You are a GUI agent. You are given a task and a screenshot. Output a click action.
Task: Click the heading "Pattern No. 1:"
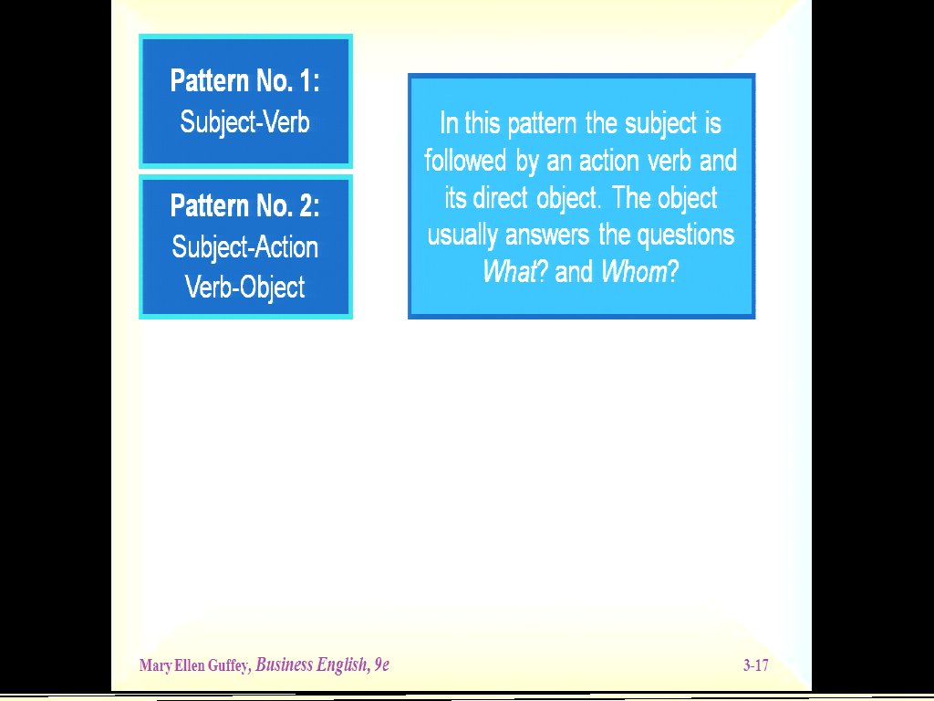click(244, 80)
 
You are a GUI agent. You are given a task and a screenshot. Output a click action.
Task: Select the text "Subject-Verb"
click(244, 123)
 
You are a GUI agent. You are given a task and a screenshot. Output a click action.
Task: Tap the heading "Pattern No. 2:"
click(244, 205)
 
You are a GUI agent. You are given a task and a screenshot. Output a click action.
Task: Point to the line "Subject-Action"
click(244, 247)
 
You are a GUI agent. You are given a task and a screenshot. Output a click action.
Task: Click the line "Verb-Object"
click(244, 288)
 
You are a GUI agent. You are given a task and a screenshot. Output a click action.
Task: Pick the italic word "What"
click(509, 272)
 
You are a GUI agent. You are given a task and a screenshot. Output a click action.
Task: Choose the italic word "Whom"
click(634, 272)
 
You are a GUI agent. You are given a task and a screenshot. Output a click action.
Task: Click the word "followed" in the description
click(465, 161)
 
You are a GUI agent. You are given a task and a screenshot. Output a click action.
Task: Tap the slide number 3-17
click(756, 665)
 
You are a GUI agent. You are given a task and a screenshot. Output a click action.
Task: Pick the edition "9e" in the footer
click(381, 665)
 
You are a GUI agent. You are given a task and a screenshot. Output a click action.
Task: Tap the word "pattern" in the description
click(542, 124)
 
